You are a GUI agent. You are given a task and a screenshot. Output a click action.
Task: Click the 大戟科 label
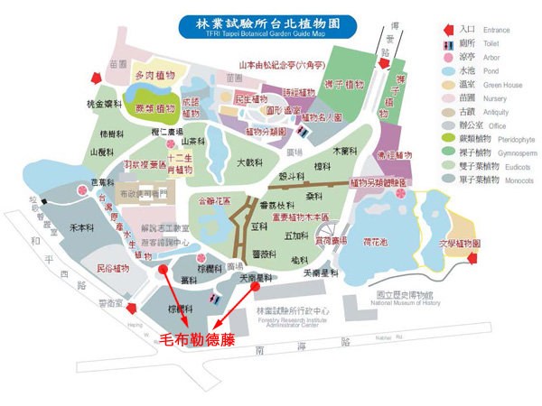coord(248,163)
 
